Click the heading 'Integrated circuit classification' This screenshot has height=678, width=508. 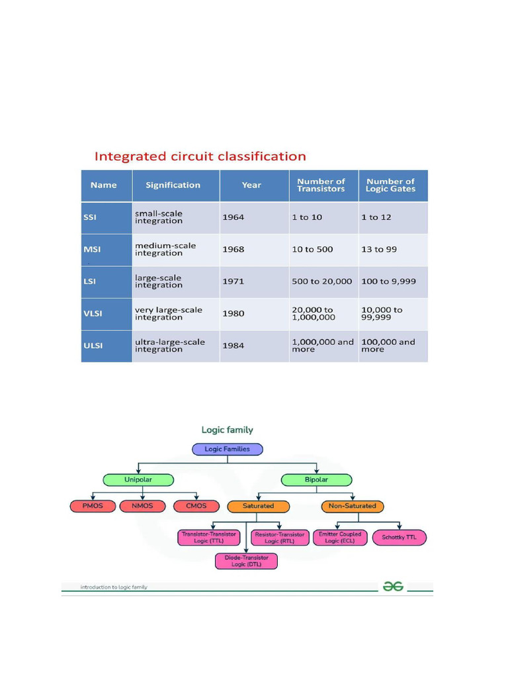click(x=200, y=157)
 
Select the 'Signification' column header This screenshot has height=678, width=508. click(x=173, y=185)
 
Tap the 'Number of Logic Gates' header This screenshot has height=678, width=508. click(x=390, y=185)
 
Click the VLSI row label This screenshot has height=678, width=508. click(x=93, y=314)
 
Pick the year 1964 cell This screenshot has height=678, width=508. click(x=233, y=217)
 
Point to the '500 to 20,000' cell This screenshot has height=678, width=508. click(x=321, y=281)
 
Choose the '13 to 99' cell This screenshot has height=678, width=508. click(x=377, y=250)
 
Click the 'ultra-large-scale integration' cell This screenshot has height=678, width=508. click(x=170, y=346)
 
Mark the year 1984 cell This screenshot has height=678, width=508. click(x=233, y=346)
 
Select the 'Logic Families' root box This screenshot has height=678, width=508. click(x=227, y=449)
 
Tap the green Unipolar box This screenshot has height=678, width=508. click(x=138, y=479)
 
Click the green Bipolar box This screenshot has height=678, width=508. click(x=316, y=479)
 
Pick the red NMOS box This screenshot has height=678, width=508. click(x=142, y=507)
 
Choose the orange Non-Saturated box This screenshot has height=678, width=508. click(x=352, y=507)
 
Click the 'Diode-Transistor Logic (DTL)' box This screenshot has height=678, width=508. click(x=246, y=561)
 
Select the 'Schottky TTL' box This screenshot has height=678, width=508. click(x=400, y=537)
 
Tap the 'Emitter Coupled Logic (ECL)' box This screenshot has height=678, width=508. click(x=340, y=537)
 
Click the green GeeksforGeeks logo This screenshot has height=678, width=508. click(x=392, y=587)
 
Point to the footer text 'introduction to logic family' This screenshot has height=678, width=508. click(x=114, y=587)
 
